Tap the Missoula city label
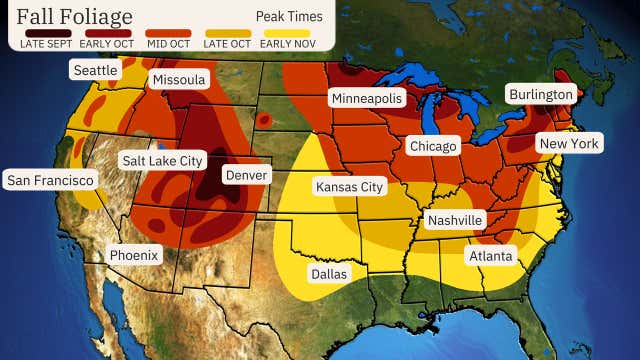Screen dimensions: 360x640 (178, 79)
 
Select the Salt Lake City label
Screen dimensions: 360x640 (162, 160)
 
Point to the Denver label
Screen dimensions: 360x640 (245, 174)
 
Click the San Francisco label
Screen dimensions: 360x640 (50, 180)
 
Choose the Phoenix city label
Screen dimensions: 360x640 (134, 254)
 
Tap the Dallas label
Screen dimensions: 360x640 (329, 271)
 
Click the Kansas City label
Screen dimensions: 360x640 (349, 187)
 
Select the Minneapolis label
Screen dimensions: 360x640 (367, 98)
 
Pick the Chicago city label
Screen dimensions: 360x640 (432, 146)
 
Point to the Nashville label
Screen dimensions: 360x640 (454, 219)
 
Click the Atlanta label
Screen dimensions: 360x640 (490, 256)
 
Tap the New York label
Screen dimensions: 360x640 (569, 144)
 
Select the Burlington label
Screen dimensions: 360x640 (540, 94)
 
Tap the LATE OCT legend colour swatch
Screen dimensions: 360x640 (229, 33)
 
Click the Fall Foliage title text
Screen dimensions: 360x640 (74, 15)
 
